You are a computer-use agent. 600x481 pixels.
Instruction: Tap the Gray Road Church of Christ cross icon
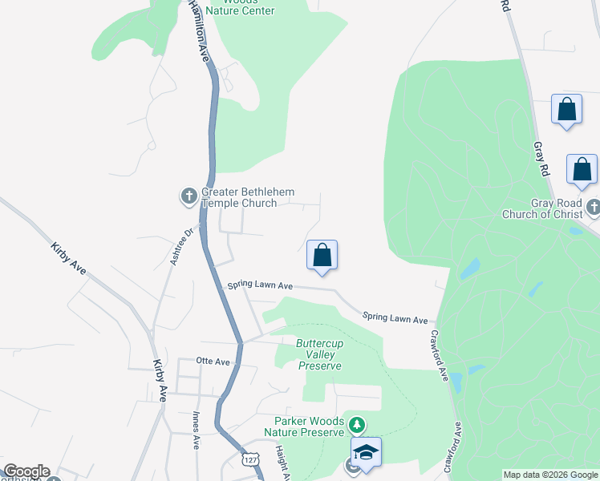coord(593,208)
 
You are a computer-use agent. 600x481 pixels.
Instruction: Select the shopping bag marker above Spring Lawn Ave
coord(322,256)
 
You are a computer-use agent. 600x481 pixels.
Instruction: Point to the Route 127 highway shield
coord(251,458)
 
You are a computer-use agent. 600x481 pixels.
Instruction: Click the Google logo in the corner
coord(26,471)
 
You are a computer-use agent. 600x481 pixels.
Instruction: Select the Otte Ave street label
coord(214,362)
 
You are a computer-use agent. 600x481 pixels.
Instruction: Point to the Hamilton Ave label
coord(199,32)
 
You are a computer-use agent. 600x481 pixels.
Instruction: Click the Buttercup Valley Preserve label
coord(320,354)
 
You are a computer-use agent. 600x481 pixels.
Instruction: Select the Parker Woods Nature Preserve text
coord(309,426)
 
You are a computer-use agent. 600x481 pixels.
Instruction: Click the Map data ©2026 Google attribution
coord(550,475)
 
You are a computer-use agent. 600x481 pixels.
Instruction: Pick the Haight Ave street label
coord(282,463)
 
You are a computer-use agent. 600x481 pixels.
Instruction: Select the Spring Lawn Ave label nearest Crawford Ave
coord(395,318)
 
